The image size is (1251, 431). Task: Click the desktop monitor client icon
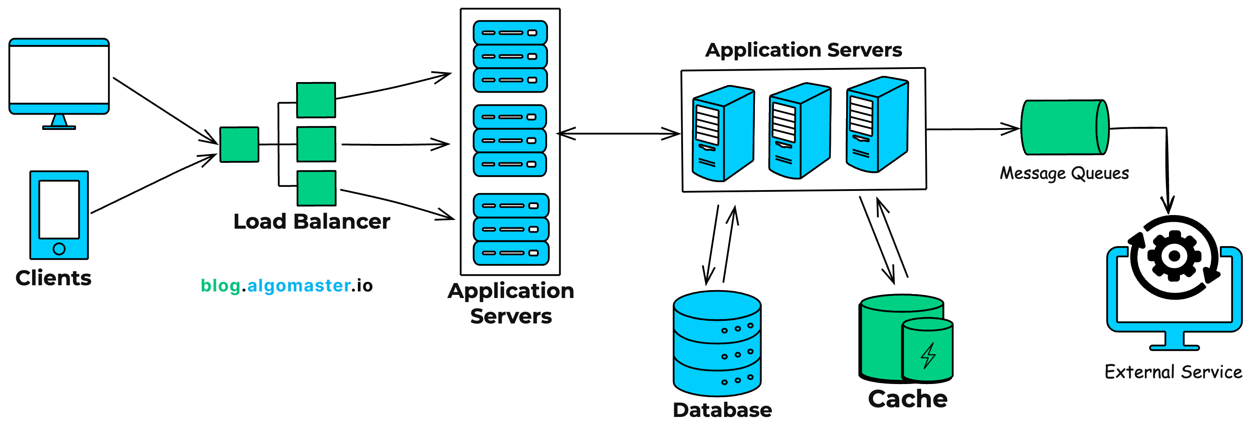click(x=59, y=78)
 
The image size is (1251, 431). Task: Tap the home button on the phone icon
click(x=59, y=249)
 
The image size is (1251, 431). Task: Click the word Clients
click(x=54, y=278)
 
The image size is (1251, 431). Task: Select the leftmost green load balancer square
click(x=239, y=144)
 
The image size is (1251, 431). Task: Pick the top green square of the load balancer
click(x=316, y=100)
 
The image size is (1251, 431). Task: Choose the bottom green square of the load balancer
click(x=316, y=188)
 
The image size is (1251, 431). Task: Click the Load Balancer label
click(x=311, y=222)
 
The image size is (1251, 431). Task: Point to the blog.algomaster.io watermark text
click(x=286, y=286)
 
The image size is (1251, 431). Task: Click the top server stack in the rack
click(x=510, y=56)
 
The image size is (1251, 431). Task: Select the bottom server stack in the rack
click(x=511, y=230)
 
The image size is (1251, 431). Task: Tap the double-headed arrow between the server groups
click(x=618, y=133)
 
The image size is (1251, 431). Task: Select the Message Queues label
click(x=1064, y=173)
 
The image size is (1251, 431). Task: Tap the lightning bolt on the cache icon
click(x=928, y=355)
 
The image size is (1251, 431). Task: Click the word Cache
click(x=907, y=399)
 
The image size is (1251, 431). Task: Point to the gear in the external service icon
click(x=1174, y=256)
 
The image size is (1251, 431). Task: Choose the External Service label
click(x=1173, y=372)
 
